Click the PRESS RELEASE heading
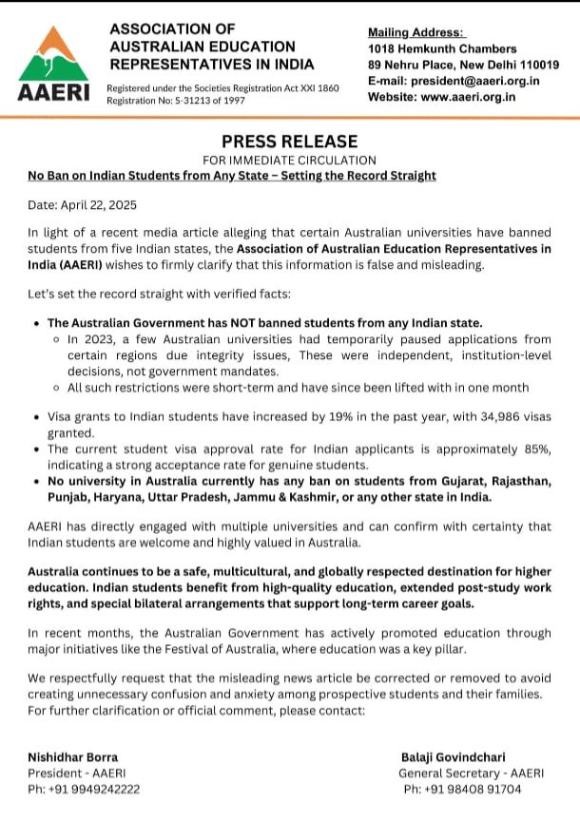click(290, 142)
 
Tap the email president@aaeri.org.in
click(475, 81)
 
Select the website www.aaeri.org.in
click(469, 97)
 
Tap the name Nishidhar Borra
click(73, 757)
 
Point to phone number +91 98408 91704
click(474, 790)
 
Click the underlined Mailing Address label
click(416, 33)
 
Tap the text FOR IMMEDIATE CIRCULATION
click(290, 160)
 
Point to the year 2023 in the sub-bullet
click(95, 338)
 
